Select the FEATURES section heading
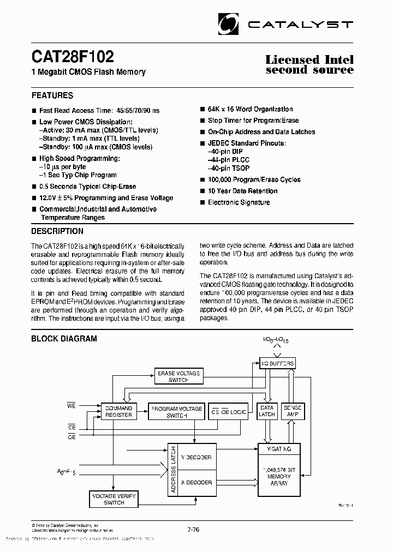[x=52, y=95]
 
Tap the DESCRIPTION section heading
[x=57, y=231]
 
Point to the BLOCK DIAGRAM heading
[x=64, y=339]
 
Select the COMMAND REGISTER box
[x=118, y=411]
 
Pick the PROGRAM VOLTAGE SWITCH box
[x=176, y=412]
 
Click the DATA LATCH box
[x=267, y=411]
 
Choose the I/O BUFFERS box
[x=277, y=363]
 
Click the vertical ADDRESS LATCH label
[x=174, y=470]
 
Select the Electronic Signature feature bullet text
[x=239, y=202]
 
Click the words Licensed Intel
[x=309, y=60]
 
